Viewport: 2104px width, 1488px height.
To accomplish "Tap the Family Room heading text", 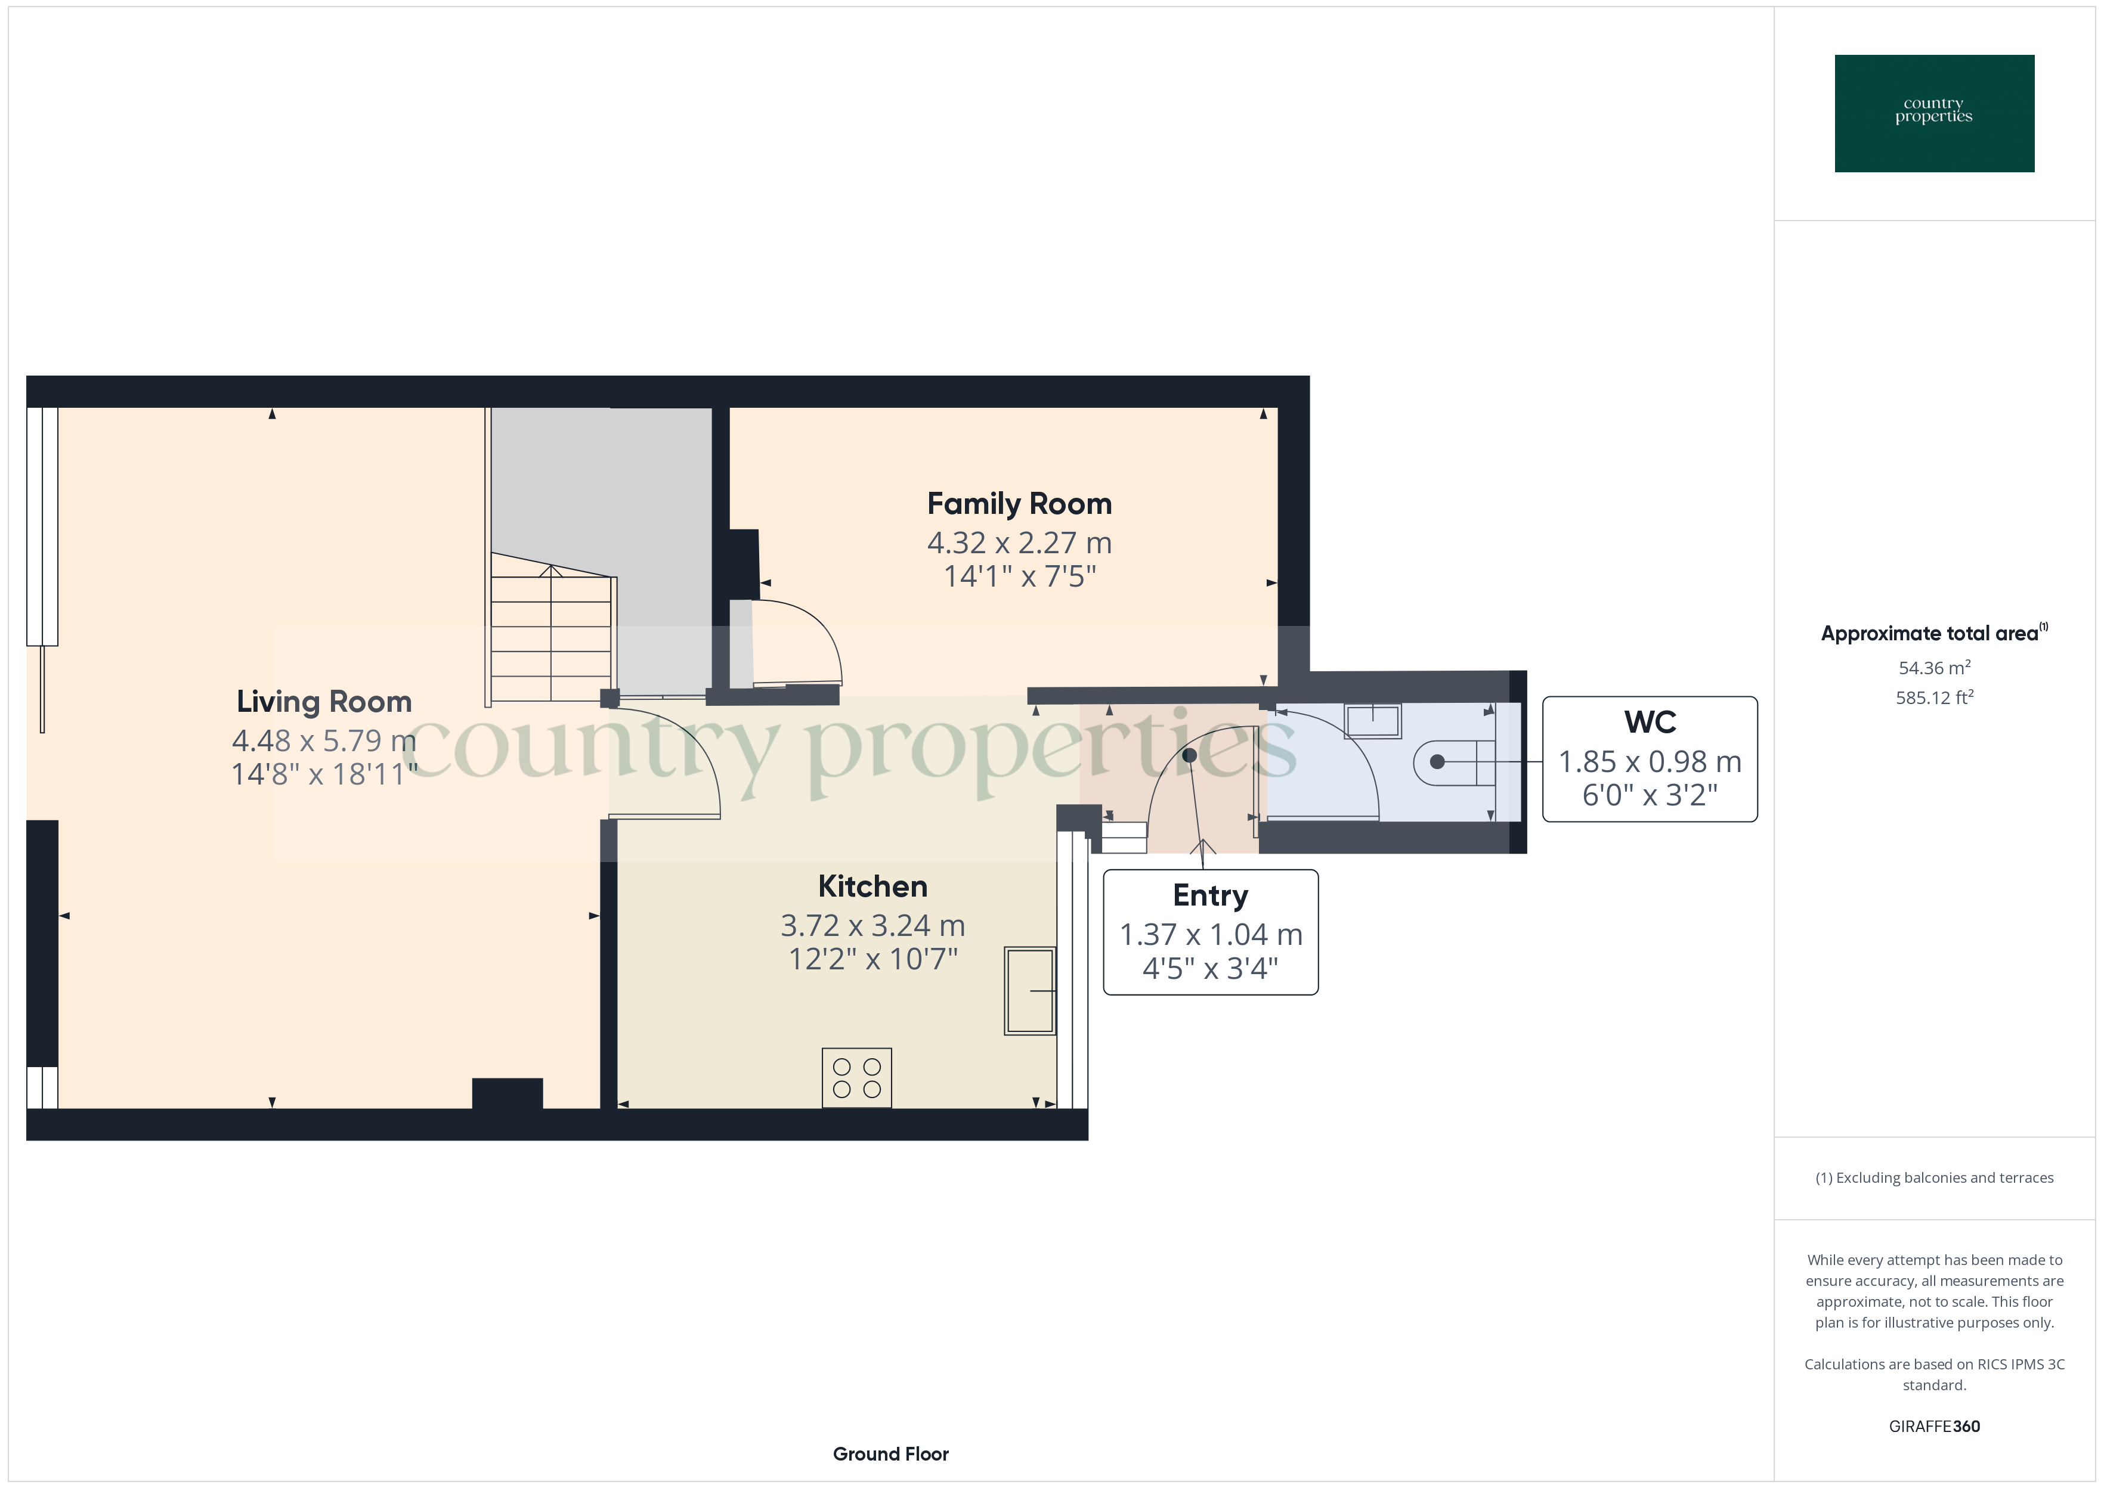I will tap(1019, 504).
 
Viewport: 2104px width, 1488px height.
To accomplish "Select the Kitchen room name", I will tap(872, 887).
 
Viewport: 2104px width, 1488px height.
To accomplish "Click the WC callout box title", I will tap(1650, 722).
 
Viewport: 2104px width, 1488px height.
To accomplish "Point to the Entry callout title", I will tap(1209, 895).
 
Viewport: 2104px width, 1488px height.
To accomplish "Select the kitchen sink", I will tap(1030, 990).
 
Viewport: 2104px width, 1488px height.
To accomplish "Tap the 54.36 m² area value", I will tap(1933, 668).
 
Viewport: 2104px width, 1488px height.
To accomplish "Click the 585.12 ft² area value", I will tap(1933, 698).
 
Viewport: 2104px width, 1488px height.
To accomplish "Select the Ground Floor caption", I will tap(890, 1454).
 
